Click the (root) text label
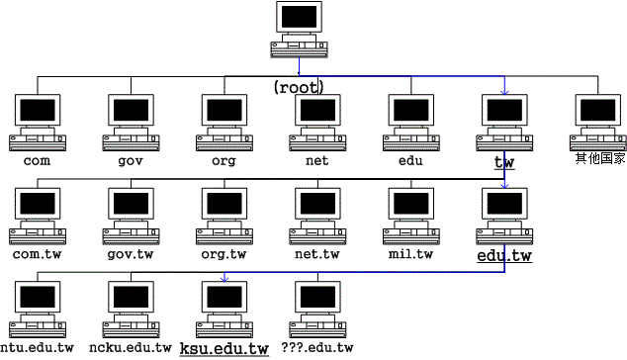click(x=299, y=87)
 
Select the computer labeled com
click(x=38, y=121)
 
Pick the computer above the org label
click(x=224, y=121)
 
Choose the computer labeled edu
click(x=410, y=121)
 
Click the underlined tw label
click(x=504, y=160)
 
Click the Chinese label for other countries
click(x=600, y=158)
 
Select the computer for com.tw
click(x=38, y=214)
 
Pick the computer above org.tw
click(x=224, y=214)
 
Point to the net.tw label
click(x=316, y=253)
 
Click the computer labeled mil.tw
click(x=410, y=214)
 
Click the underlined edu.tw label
click(x=504, y=255)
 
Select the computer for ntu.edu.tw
click(x=38, y=308)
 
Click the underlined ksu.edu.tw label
click(x=224, y=348)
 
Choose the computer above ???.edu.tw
click(x=316, y=308)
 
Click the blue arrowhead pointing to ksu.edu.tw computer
click(x=224, y=278)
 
